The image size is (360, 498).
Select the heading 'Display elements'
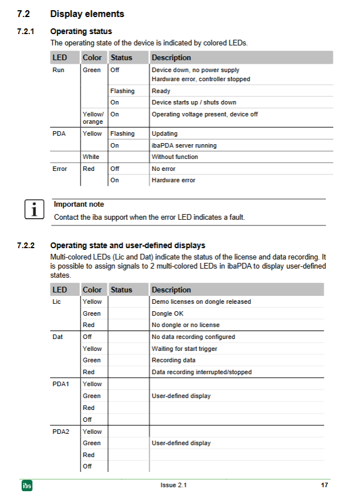point(87,14)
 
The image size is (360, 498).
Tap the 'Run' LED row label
point(58,70)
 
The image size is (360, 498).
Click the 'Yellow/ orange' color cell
point(93,118)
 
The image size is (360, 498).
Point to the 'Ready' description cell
point(161,91)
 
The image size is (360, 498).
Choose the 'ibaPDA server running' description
point(184,145)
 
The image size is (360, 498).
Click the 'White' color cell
point(91,157)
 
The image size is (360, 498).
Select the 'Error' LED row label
point(60,169)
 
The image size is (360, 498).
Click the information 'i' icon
point(35,210)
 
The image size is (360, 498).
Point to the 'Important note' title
point(79,204)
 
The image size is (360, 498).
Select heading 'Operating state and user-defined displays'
point(128,246)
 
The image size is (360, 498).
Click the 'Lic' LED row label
point(57,302)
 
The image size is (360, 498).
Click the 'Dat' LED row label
point(57,337)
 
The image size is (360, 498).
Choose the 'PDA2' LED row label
point(61,432)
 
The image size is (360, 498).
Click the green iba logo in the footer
point(27,486)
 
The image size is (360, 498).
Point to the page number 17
point(324,485)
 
